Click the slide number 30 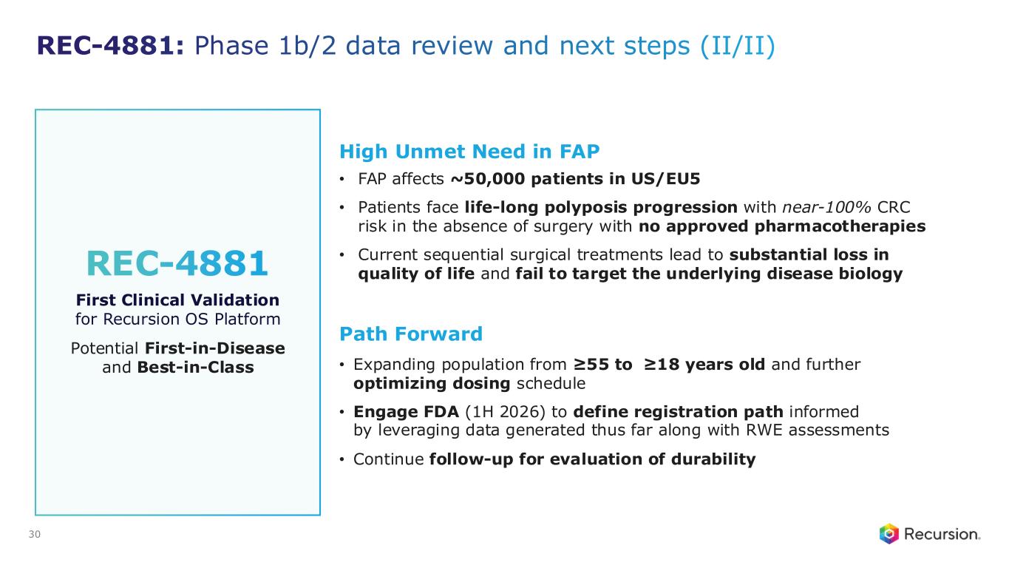click(35, 534)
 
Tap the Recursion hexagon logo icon click(889, 534)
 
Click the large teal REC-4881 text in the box click(177, 263)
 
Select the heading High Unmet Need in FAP click(469, 152)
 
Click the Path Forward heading click(411, 334)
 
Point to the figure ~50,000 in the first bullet click(488, 179)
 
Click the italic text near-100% click(826, 207)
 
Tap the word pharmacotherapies click(840, 226)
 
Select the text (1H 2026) click(505, 412)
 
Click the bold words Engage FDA click(406, 412)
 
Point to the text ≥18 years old click(704, 364)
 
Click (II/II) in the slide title click(738, 46)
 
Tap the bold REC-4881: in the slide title click(110, 46)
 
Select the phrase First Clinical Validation click(177, 300)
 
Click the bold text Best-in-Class click(195, 368)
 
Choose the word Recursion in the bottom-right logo click(942, 534)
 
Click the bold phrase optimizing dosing click(432, 384)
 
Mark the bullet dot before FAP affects click(342, 180)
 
